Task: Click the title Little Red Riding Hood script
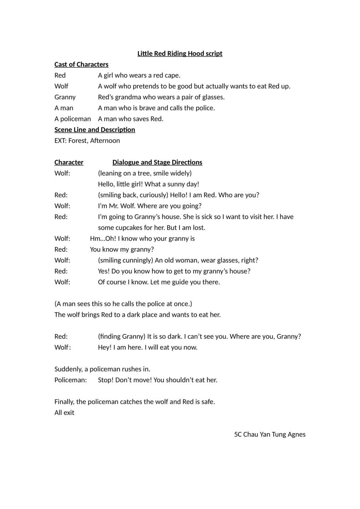click(180, 54)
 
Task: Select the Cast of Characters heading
click(81, 64)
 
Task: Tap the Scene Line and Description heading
click(95, 130)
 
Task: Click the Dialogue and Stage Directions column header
click(157, 162)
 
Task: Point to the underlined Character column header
click(69, 162)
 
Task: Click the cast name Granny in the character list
click(65, 97)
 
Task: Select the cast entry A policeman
click(72, 119)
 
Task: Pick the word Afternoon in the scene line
click(105, 141)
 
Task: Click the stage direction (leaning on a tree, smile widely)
click(145, 173)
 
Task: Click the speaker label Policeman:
click(70, 380)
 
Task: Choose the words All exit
click(64, 413)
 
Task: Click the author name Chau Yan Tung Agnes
click(274, 435)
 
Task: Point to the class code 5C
click(238, 435)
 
